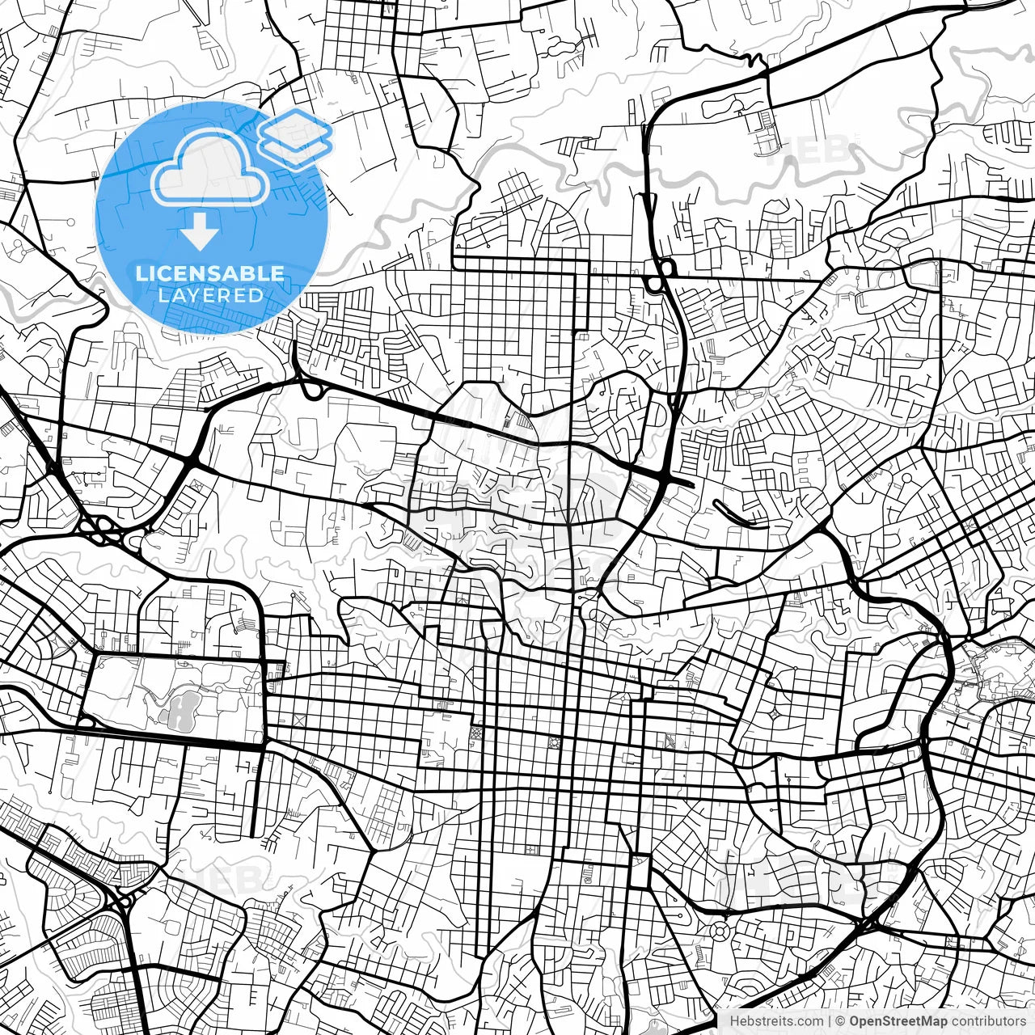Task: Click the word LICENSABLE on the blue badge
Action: (x=210, y=273)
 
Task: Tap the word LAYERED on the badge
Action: (x=210, y=296)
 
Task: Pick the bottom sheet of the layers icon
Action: (x=297, y=149)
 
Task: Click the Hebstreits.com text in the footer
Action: (x=776, y=1021)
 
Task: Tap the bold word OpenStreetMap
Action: (x=898, y=1021)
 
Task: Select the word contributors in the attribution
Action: (x=988, y=1021)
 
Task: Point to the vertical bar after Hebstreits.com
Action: (x=830, y=1021)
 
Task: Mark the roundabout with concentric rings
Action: (x=719, y=931)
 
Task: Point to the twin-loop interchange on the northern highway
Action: (x=658, y=275)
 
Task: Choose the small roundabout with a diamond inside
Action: (x=775, y=715)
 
